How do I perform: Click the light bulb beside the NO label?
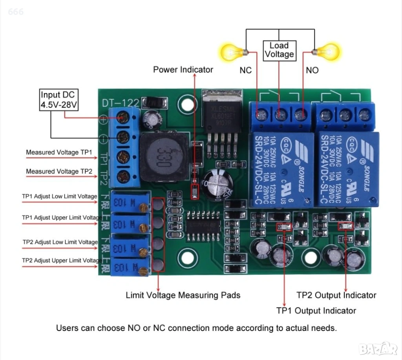click(327, 51)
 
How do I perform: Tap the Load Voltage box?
click(279, 50)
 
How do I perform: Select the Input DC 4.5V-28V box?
click(59, 100)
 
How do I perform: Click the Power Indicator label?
click(183, 70)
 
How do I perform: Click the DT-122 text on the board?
click(121, 103)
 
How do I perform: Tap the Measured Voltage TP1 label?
click(59, 152)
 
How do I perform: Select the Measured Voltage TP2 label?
click(59, 172)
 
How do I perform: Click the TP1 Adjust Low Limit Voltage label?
click(59, 196)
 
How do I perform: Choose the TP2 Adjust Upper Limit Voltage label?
click(62, 260)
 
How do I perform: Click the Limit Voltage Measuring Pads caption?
click(183, 295)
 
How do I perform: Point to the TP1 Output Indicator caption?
click(316, 311)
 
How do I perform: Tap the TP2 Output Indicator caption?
click(336, 295)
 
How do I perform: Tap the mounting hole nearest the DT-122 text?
click(186, 103)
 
